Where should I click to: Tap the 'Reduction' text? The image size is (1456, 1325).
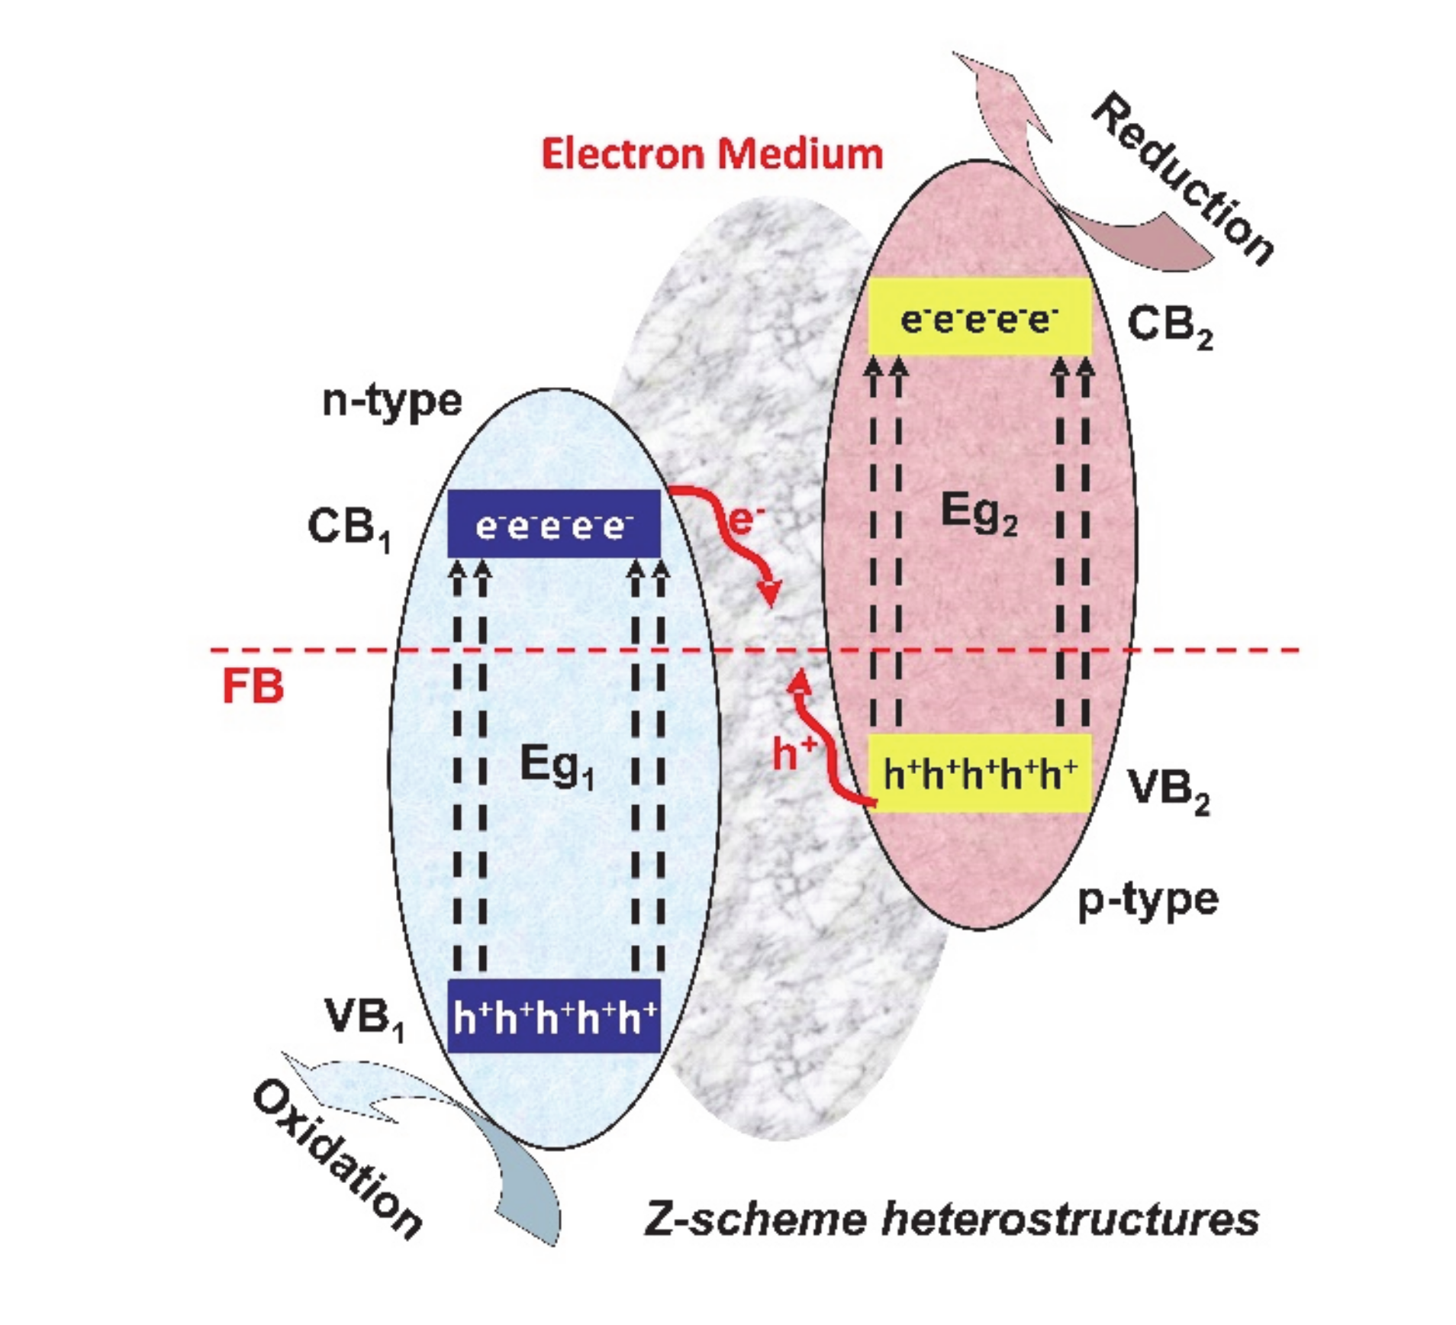click(1183, 179)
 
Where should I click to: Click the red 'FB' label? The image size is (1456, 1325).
click(253, 686)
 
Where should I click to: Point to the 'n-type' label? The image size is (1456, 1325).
click(392, 401)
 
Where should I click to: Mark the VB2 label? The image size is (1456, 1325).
click(1168, 791)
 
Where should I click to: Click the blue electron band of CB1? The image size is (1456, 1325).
click(554, 524)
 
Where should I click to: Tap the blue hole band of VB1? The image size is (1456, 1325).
click(554, 1016)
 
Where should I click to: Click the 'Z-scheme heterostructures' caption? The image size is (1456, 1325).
click(951, 1218)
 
